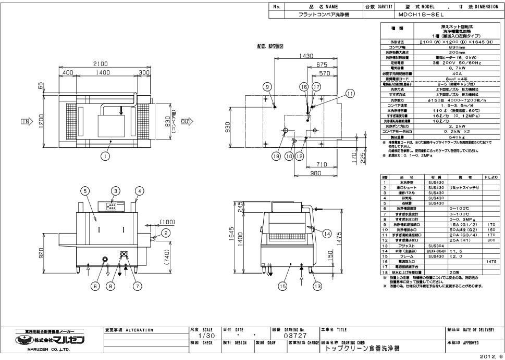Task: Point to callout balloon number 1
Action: [x=105, y=155]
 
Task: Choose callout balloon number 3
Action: [x=116, y=191]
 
